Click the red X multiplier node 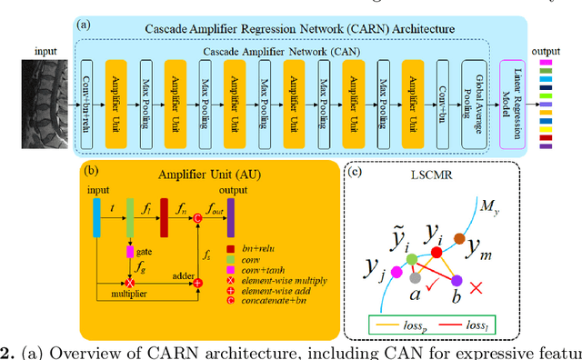coord(130,284)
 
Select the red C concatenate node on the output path coord(197,215)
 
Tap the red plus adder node coord(197,284)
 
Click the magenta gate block coord(130,250)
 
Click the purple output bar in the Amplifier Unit coord(230,215)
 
